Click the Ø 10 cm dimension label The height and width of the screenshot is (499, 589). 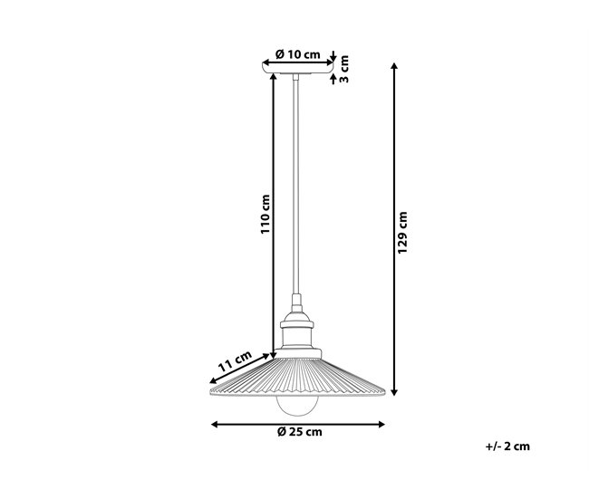297,55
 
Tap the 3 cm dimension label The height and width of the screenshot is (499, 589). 344,69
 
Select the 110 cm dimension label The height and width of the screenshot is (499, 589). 266,214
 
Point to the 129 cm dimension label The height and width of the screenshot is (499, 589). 402,233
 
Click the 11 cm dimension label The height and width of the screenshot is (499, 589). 235,361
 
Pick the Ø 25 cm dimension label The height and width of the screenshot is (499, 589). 300,432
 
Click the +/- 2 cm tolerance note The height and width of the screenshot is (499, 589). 507,446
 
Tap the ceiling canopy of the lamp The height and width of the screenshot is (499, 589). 297,69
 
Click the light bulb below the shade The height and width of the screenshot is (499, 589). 297,405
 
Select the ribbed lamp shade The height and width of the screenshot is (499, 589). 296,378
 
